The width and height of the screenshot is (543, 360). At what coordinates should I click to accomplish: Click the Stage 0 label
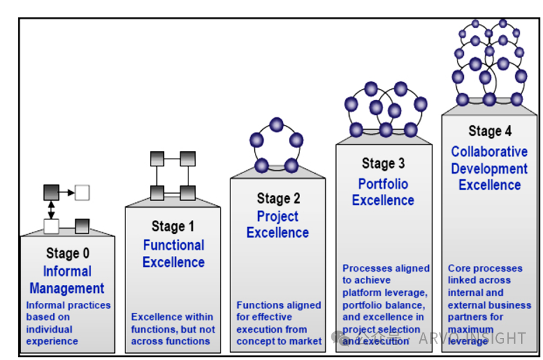[67, 253]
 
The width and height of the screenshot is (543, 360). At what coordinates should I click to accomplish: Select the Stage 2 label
[278, 199]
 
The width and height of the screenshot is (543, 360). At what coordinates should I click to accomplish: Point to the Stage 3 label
[383, 164]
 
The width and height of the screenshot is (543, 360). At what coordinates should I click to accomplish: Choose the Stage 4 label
[490, 131]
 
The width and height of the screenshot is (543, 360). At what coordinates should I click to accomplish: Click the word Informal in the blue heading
[67, 272]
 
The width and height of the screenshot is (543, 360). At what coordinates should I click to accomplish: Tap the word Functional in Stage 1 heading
[173, 245]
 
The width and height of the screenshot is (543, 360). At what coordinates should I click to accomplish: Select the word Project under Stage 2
[278, 216]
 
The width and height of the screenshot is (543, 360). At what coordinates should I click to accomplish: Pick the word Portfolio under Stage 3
[383, 184]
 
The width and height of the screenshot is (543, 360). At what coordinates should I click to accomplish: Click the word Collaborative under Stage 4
[490, 152]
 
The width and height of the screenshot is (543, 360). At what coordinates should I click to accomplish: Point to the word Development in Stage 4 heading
[490, 169]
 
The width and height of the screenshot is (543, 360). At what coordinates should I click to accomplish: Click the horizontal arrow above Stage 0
[67, 192]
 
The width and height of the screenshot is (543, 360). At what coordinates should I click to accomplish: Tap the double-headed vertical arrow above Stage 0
[51, 209]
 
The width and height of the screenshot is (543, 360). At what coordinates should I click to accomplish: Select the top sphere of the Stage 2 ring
[276, 124]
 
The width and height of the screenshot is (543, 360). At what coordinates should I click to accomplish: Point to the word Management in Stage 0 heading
[67, 289]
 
